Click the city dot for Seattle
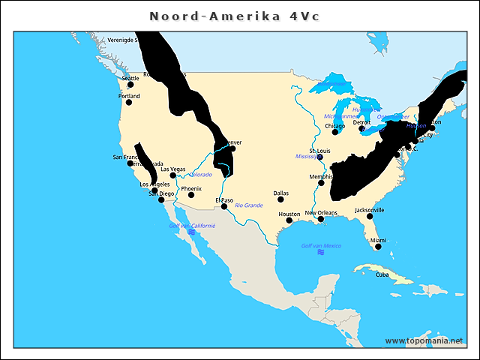pos(130,85)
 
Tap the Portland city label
pos(129,96)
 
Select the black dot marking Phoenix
pos(191,195)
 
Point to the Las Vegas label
pos(172,169)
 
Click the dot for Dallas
pos(280,199)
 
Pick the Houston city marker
pos(289,220)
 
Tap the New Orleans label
pos(320,213)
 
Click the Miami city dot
pos(378,246)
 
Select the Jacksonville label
pos(370,210)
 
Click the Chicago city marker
pos(335,132)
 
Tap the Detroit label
pos(361,122)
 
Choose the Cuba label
pos(382,274)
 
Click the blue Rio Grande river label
pos(248,205)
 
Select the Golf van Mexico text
pos(321,246)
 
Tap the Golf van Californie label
pos(192,225)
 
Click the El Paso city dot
pos(223,207)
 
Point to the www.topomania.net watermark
pos(424,340)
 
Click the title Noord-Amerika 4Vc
pos(234,16)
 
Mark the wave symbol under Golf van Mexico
pos(321,253)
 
